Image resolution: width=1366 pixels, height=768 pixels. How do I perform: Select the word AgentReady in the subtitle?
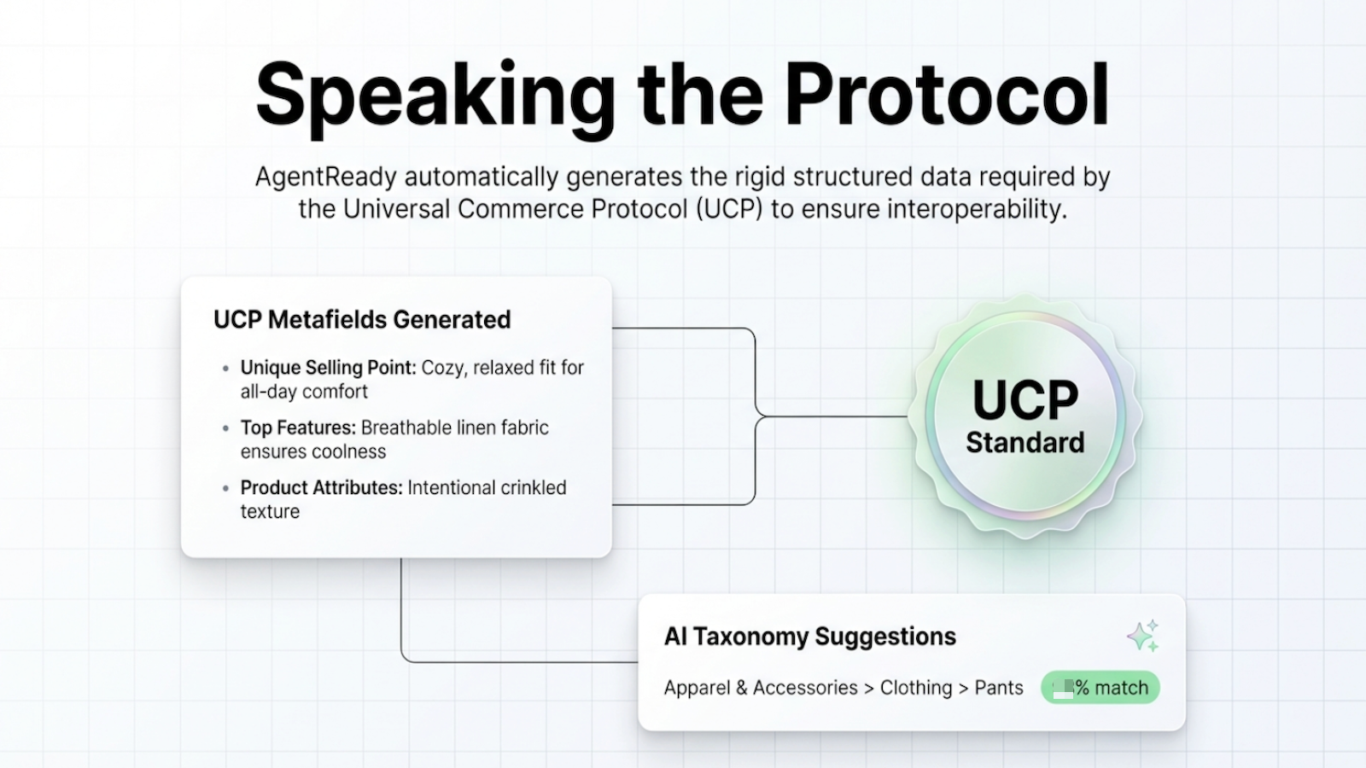[x=325, y=177]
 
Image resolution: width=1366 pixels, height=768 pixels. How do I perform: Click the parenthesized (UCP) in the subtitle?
[x=728, y=209]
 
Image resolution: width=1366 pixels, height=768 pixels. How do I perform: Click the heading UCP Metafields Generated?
[x=362, y=320]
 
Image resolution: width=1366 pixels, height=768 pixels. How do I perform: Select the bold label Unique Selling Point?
[x=328, y=368]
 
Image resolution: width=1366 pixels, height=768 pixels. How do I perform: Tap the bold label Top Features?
[x=297, y=428]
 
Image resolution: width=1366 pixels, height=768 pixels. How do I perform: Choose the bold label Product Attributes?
[x=321, y=488]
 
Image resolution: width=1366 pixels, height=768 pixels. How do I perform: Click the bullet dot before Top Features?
[x=225, y=428]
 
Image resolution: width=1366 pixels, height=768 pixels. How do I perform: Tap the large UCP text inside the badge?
[x=1025, y=399]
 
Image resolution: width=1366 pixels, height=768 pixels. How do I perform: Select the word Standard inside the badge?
[x=1025, y=443]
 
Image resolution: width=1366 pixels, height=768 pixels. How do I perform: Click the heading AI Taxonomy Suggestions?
[x=809, y=637]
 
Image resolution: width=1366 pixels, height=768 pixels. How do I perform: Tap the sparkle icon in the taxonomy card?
[x=1142, y=637]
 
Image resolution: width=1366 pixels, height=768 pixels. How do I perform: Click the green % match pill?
[x=1100, y=688]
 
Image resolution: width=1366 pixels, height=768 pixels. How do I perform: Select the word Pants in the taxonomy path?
[x=998, y=688]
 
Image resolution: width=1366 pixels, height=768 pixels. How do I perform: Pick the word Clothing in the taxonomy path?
[x=915, y=688]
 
